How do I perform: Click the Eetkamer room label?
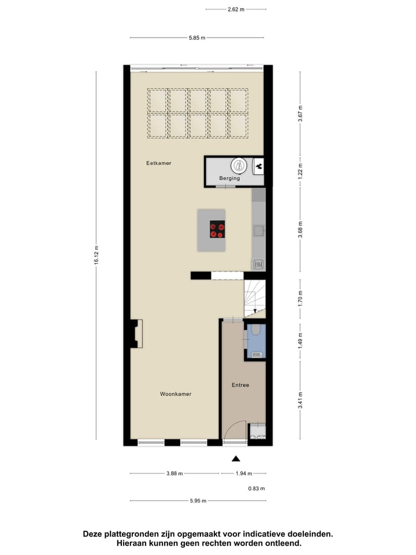tap(158, 164)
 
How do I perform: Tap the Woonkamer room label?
tap(176, 394)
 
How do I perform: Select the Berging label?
tap(229, 179)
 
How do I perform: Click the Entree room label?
tap(240, 385)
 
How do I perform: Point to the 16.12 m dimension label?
tap(97, 254)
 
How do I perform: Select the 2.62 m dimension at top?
tap(236, 10)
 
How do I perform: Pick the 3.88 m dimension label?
tap(174, 473)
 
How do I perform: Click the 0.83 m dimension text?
tap(257, 489)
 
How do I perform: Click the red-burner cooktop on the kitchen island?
tap(217, 230)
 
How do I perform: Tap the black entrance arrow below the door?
tap(236, 459)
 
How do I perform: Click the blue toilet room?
tap(255, 341)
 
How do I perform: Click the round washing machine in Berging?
tap(239, 166)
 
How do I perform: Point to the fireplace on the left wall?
tap(137, 334)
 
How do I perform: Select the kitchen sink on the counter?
tap(258, 231)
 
